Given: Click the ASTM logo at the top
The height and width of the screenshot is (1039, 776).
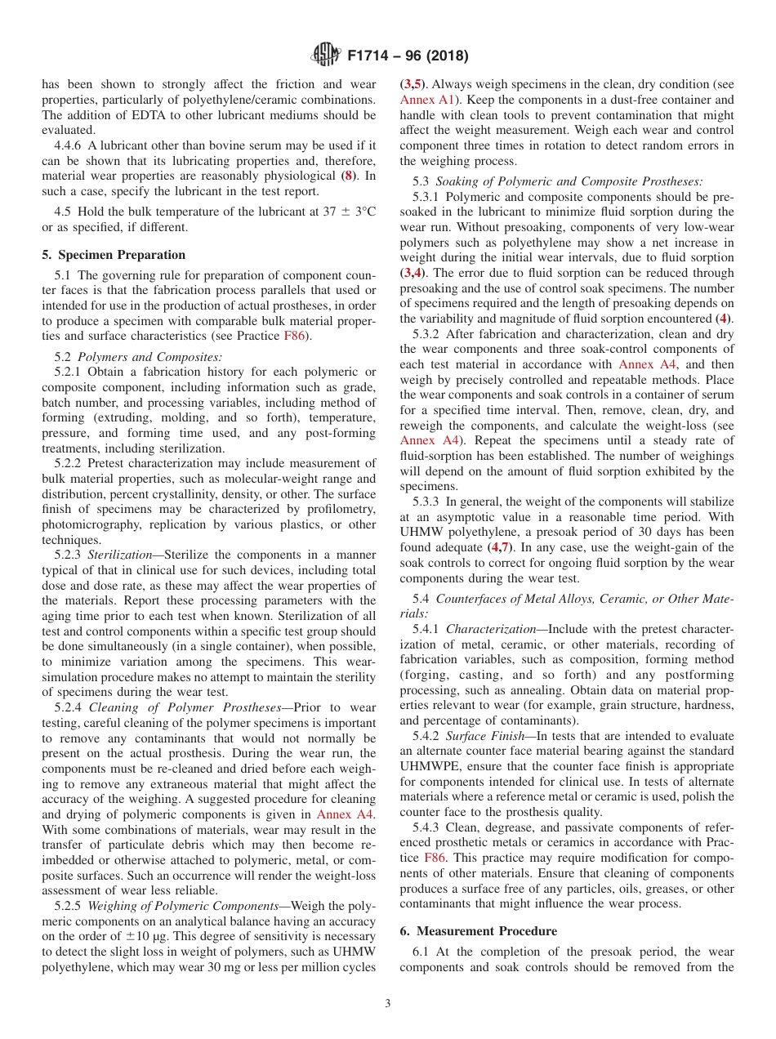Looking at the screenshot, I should (326, 56).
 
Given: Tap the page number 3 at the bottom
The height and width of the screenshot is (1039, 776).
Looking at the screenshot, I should (388, 1004).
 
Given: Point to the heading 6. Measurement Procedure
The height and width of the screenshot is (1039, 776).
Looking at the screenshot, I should (479, 930).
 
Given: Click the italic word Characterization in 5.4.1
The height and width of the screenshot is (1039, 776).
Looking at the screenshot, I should (493, 629).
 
